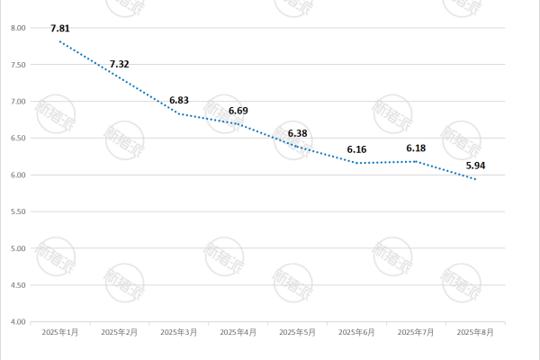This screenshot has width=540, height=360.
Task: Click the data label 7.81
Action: click(60, 28)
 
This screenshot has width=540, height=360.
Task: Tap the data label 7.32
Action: click(120, 65)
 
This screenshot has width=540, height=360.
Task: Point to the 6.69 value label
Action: click(238, 111)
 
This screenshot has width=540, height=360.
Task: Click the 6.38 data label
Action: click(298, 134)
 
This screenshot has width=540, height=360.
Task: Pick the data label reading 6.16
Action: click(356, 150)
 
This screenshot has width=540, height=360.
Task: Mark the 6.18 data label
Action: click(416, 148)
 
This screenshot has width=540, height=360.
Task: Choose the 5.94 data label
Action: click(475, 166)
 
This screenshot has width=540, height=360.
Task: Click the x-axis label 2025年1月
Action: click(60, 332)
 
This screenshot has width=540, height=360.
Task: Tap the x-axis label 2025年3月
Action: click(179, 332)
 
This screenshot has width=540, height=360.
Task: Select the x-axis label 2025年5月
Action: click(298, 332)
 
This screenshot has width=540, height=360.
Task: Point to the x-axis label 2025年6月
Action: click(356, 332)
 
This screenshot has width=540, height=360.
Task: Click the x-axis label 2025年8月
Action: click(475, 332)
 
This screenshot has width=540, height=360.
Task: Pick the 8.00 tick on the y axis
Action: click(17, 28)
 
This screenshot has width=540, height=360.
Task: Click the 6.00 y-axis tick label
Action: click(17, 175)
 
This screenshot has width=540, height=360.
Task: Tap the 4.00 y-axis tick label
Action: click(17, 321)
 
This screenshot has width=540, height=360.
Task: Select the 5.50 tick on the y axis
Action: click(17, 211)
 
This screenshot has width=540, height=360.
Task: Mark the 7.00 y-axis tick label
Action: click(17, 102)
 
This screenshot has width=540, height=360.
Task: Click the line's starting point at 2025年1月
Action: click(60, 41)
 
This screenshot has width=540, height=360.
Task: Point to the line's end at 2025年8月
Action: click(475, 179)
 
